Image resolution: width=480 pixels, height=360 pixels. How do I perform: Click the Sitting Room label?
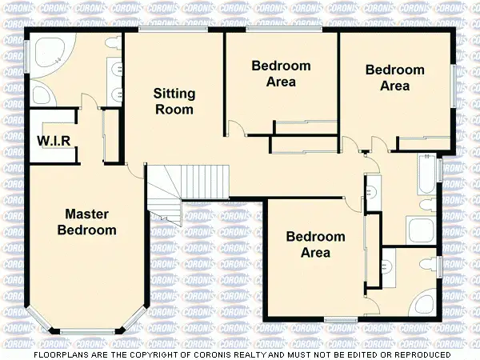point(174,102)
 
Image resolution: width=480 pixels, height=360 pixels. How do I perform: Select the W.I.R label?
point(54,142)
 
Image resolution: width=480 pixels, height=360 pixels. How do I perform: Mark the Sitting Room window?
point(173,30)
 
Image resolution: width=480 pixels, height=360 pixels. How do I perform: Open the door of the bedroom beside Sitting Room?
point(236,129)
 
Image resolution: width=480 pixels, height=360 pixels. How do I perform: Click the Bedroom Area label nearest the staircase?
point(315,244)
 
